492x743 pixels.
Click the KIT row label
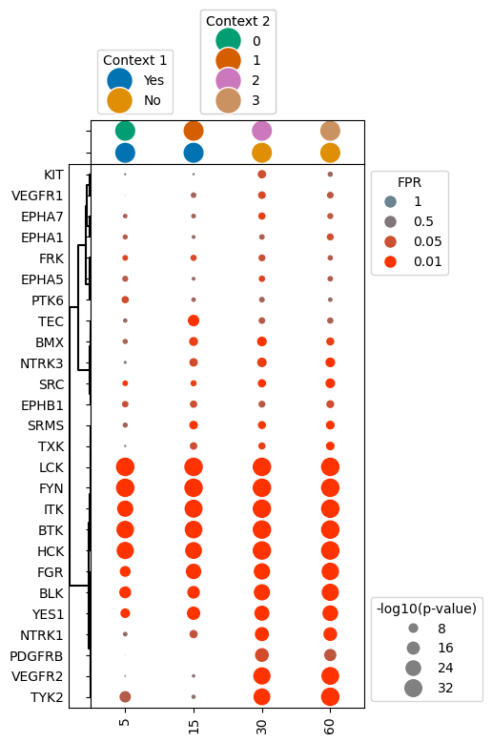(x=53, y=175)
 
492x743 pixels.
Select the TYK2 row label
(x=47, y=697)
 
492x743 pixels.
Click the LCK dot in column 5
(x=125, y=467)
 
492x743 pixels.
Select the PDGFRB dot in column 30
(x=262, y=655)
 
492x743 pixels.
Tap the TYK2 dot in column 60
(x=330, y=697)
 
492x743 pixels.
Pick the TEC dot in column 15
(x=194, y=320)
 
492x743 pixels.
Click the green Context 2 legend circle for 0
(x=228, y=40)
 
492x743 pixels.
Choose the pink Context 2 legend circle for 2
(x=228, y=80)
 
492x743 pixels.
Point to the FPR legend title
(x=410, y=181)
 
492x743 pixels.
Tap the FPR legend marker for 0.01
(x=390, y=262)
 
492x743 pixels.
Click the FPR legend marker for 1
(x=390, y=201)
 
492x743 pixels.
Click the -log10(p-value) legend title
(x=426, y=608)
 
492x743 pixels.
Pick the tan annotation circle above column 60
(x=330, y=132)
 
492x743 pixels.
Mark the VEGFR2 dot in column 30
(x=262, y=676)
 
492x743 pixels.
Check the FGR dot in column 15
(x=194, y=571)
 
